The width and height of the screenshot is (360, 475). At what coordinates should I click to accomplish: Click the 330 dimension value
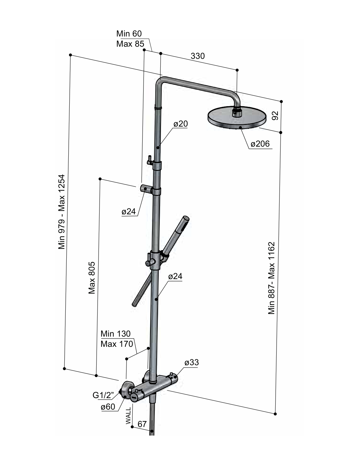[x=197, y=56]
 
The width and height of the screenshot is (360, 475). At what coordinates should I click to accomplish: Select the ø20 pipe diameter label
[x=180, y=124]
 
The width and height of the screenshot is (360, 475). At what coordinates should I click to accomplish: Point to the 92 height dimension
[x=275, y=116]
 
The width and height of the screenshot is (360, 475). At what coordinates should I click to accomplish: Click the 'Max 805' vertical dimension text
[x=92, y=278]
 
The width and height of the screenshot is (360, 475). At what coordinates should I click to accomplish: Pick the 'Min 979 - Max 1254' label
[x=61, y=212]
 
